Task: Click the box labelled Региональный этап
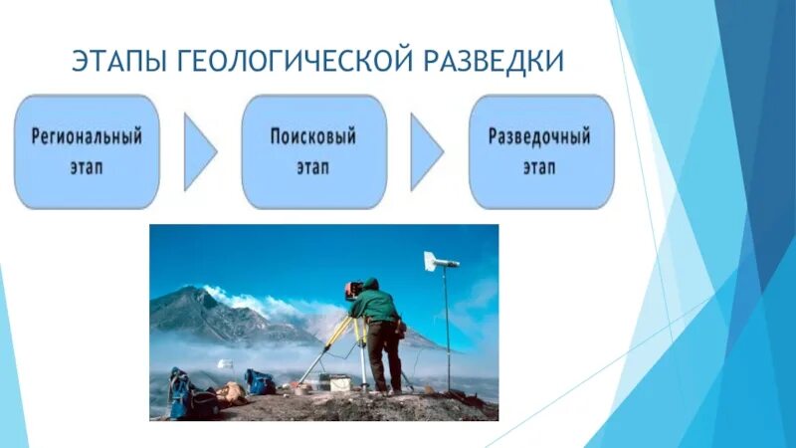tap(87, 151)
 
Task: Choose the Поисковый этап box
tap(313, 151)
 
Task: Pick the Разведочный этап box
tap(540, 151)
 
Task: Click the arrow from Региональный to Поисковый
tap(199, 152)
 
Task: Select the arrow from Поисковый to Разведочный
tap(426, 152)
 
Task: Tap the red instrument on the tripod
tap(352, 290)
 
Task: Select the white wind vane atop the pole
tap(440, 262)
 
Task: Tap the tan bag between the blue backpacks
tap(231, 391)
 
